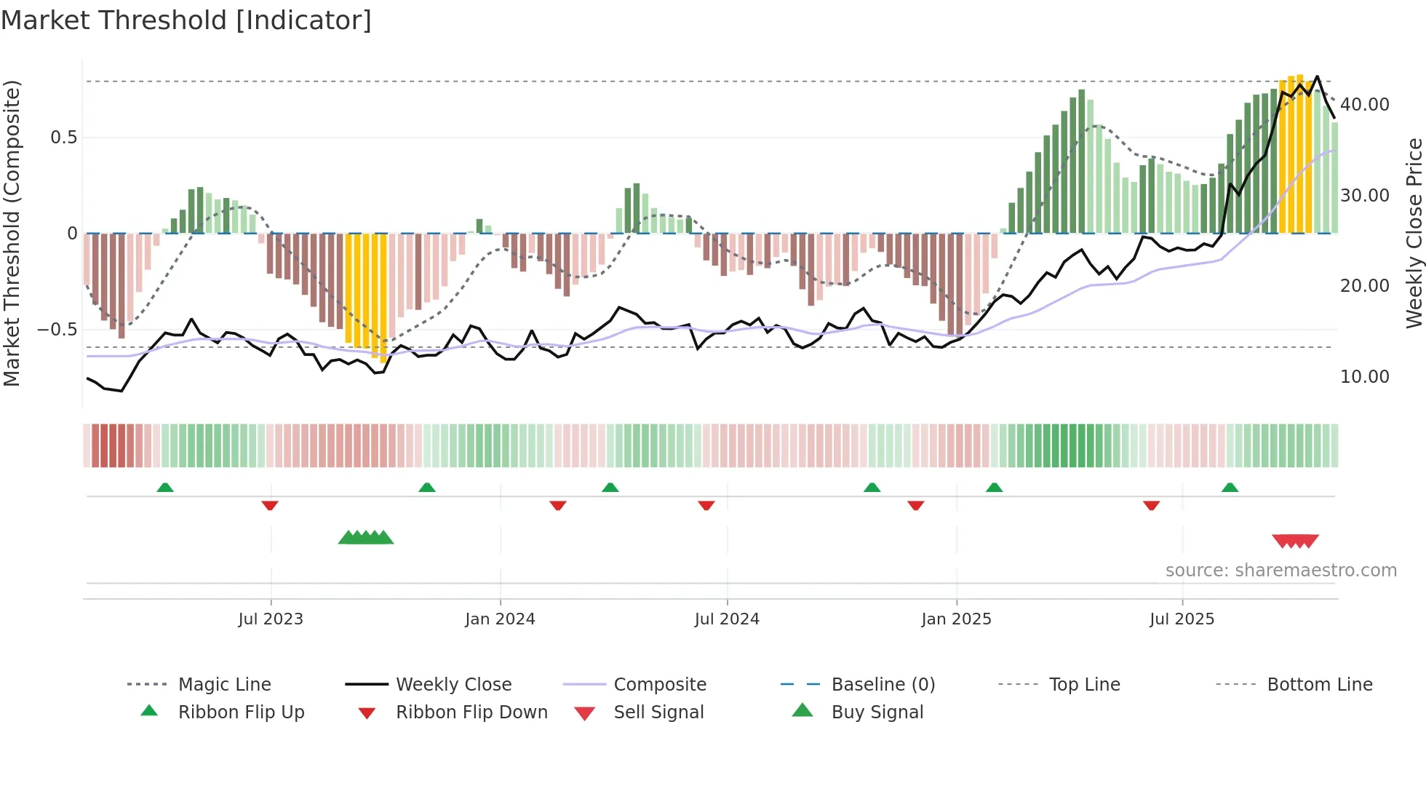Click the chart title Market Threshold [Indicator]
[x=186, y=20]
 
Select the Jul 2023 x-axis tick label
[x=271, y=619]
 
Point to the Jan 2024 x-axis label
[x=500, y=619]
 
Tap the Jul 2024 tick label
[x=727, y=619]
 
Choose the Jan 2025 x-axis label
[x=956, y=619]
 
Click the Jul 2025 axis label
[x=1182, y=619]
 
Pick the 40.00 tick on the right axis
[x=1364, y=105]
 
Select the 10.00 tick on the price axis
[x=1364, y=377]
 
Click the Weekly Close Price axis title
[x=1414, y=233]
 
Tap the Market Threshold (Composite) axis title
[x=12, y=233]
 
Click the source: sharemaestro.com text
[x=1280, y=571]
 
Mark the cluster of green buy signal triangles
[x=366, y=538]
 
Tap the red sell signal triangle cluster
[x=1295, y=541]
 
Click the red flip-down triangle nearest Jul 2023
[x=270, y=505]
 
